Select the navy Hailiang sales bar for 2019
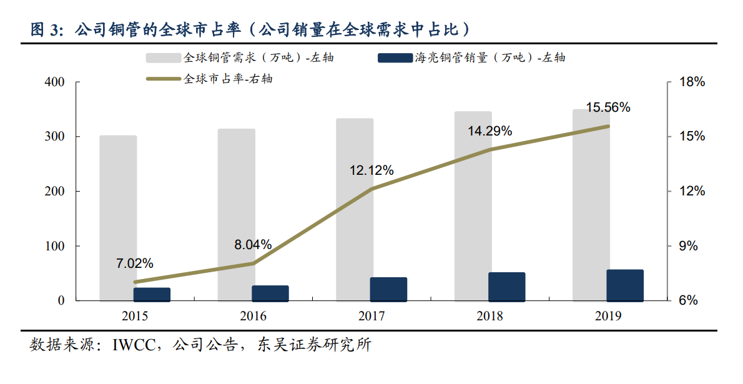[x=624, y=285]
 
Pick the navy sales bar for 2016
[x=270, y=293]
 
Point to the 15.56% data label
[x=608, y=107]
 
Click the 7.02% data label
[x=134, y=263]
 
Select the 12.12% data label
[x=371, y=170]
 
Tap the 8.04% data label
[x=253, y=245]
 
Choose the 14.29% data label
[x=490, y=131]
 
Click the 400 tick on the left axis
[x=55, y=82]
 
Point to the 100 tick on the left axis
[x=55, y=246]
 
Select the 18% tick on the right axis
[x=692, y=82]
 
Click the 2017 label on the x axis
[x=371, y=316]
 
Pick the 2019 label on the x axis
[x=608, y=316]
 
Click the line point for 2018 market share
[x=490, y=149]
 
